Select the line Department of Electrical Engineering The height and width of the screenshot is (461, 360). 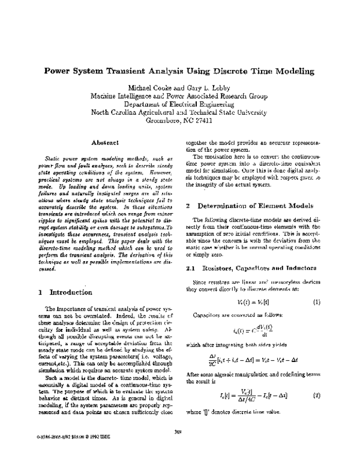point(179,103)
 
